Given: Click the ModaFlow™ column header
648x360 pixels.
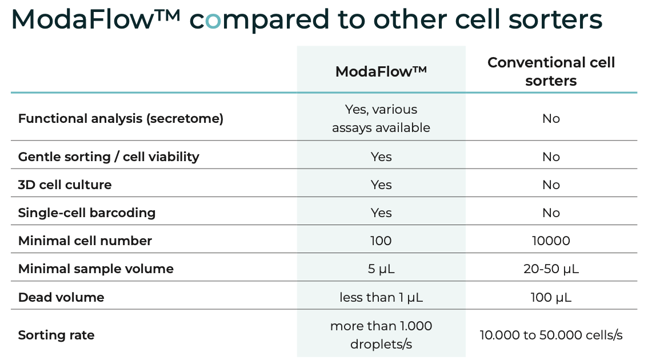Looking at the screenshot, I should pos(381,71).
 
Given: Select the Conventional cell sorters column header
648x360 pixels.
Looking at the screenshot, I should pos(551,71).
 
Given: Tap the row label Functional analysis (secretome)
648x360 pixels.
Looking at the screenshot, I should pos(121,119).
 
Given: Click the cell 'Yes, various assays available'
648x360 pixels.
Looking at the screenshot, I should pos(381,119).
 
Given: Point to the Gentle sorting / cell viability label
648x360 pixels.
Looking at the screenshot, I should pos(109,157).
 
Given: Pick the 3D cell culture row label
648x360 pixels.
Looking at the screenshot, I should pos(65,185).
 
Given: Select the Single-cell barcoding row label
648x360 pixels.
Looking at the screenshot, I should pos(87,213).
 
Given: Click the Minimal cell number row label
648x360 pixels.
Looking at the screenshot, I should pos(85,241).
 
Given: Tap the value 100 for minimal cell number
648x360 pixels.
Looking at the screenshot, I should pos(381,241).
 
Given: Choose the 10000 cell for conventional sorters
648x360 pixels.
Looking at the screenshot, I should pos(551,241).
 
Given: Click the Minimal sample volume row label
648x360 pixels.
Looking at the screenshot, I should pos(96,269).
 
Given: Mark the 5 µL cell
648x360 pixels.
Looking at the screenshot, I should pos(381,269).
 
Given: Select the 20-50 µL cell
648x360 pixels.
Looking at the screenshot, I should pos(551,269).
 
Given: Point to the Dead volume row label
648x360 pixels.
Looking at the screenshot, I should pos(61,297).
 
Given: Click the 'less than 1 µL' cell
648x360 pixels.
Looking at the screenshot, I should pos(381,297).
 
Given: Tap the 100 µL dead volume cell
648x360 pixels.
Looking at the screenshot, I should pos(551,297).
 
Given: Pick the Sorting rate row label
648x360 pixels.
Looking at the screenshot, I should pos(56,335).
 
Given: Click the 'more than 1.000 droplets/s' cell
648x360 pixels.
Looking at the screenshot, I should pos(381,335).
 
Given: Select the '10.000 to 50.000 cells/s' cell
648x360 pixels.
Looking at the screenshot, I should pos(551,335).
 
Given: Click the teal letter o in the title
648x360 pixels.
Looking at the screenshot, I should pos(213,21).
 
